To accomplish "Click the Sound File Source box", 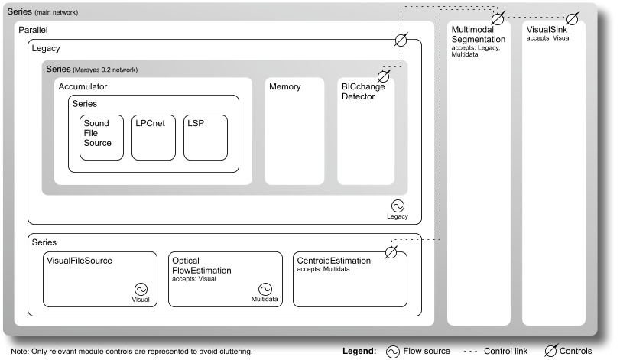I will point(101,138).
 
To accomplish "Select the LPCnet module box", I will point(153,138).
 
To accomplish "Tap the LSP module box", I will point(205,138).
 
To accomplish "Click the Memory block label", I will point(284,87).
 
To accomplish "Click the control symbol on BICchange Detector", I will point(384,76).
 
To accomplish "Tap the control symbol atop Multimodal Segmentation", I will point(498,18).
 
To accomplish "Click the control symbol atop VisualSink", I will point(572,18).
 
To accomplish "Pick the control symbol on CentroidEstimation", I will point(391,251).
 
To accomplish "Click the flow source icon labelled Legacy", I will point(398,206).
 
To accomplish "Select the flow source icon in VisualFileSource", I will point(141,288).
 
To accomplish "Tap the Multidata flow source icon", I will point(265,288).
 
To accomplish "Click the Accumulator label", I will point(83,87).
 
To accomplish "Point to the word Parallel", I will point(34,28).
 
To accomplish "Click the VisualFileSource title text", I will point(80,261).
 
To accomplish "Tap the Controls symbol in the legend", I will point(550,352).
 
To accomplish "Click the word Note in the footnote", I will point(19,352).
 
